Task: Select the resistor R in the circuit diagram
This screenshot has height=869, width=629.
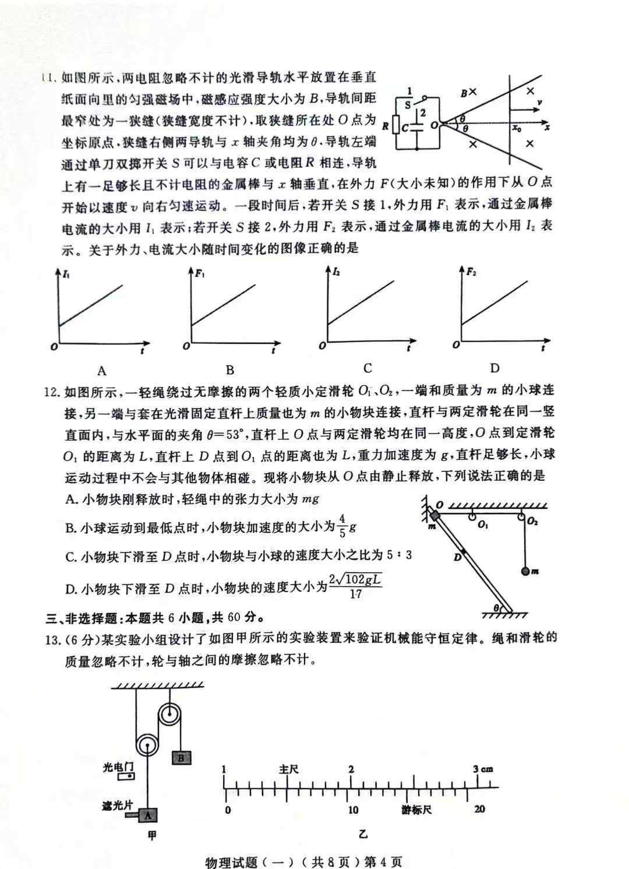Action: coord(396,125)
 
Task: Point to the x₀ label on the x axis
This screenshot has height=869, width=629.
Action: coord(517,128)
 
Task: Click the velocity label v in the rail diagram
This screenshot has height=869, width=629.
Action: coord(540,103)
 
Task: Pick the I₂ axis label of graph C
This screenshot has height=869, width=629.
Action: coord(337,272)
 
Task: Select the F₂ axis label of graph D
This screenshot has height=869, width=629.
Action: coord(471,271)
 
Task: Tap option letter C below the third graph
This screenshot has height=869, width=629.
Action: coord(367,368)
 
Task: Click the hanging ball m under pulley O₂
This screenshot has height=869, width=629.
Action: coord(525,572)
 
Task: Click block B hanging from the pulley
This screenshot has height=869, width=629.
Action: coord(181,758)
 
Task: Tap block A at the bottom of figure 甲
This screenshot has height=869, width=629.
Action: coord(148,815)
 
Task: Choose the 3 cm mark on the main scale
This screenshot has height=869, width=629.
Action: coord(483,769)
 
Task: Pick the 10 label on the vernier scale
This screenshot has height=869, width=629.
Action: coord(353,810)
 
